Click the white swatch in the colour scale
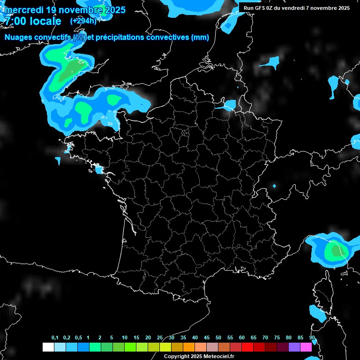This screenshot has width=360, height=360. pyautogui.click(x=48, y=347)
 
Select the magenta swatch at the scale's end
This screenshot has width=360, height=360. pyautogui.click(x=306, y=347)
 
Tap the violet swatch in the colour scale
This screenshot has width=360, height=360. pyautogui.click(x=294, y=347)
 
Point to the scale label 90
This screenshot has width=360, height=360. pyautogui.click(x=312, y=338)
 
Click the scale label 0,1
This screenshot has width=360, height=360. pyautogui.click(x=55, y=338)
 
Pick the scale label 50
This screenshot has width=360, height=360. pyautogui.click(x=218, y=338)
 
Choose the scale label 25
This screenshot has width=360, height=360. pyautogui.click(x=160, y=338)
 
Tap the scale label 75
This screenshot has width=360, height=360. pyautogui.click(x=277, y=338)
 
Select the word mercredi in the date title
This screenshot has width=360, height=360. pyautogui.click(x=24, y=10)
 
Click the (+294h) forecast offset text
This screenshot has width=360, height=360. pyautogui.click(x=83, y=21)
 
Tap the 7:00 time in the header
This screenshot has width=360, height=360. pyautogui.click(x=15, y=22)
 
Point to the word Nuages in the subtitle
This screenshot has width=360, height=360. pyautogui.click(x=18, y=38)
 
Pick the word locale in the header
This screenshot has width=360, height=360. pyautogui.click(x=44, y=22)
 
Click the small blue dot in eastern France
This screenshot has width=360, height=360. pyautogui.click(x=274, y=187)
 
